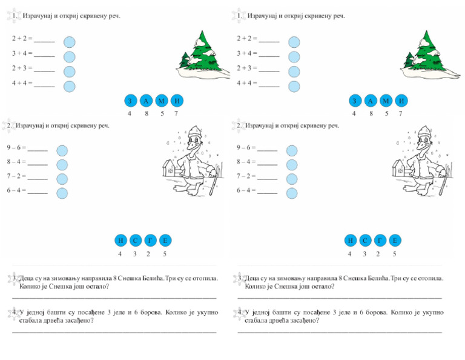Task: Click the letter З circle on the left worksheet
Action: (130, 101)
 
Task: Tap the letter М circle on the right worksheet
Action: (386, 101)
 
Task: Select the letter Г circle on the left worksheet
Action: (150, 241)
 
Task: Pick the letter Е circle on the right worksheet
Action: (395, 241)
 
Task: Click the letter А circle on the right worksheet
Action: (371, 101)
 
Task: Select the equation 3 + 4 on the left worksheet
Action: (22, 53)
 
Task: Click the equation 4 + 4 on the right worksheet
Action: (247, 83)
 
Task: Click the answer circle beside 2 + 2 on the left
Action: (69, 42)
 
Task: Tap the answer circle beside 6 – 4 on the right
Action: (292, 193)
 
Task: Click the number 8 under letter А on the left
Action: (146, 113)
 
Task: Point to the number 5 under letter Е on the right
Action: (394, 254)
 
